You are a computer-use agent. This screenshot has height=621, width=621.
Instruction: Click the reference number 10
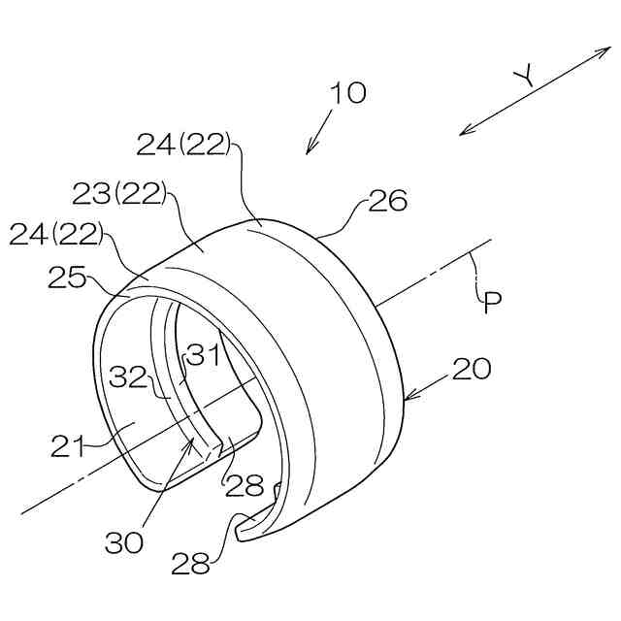click(348, 93)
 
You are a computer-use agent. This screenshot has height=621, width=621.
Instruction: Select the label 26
click(387, 201)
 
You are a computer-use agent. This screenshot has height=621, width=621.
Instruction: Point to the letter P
click(493, 303)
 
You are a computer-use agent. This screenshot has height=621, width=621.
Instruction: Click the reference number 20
click(472, 369)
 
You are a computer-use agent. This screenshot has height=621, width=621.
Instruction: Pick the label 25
click(67, 277)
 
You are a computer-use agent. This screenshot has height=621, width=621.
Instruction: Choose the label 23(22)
click(119, 193)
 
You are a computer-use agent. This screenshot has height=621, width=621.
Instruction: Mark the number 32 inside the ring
click(127, 376)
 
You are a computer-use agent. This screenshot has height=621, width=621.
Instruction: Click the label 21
click(68, 446)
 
